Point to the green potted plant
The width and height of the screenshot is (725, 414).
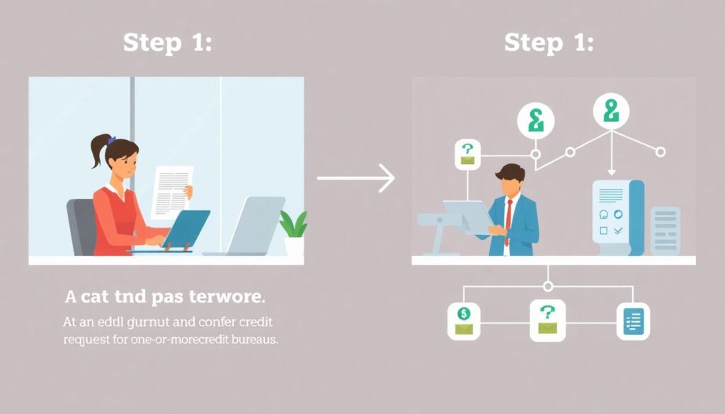[293, 226]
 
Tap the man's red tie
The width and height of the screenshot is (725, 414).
[508, 220]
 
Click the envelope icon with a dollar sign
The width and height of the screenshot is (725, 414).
[464, 320]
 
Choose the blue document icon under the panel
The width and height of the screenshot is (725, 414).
[633, 320]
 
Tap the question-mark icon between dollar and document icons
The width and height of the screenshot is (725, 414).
[547, 320]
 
